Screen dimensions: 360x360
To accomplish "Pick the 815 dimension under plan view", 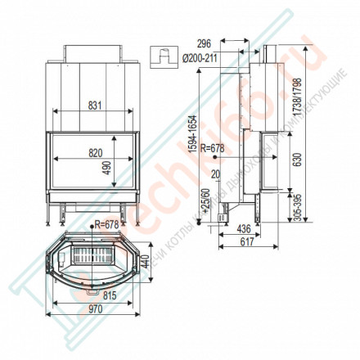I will pos(95,294).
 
